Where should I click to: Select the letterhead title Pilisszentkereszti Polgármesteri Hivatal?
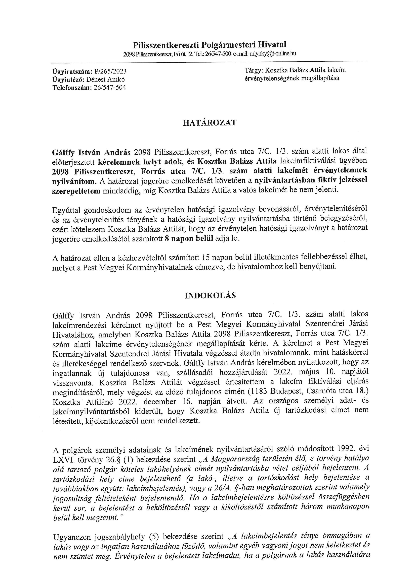pyautogui.click(x=210, y=45)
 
